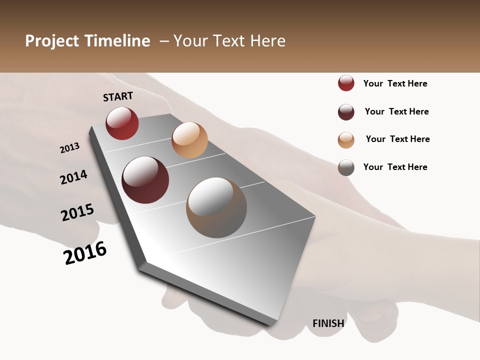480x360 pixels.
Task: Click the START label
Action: pos(118,96)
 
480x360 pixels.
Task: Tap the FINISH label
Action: pos(328,323)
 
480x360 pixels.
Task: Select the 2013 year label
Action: pos(69,148)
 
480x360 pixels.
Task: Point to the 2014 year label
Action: pos(73,177)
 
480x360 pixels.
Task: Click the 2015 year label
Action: pos(77,212)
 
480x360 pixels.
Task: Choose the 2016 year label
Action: pos(85,253)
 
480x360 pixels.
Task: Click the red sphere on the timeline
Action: pos(122,123)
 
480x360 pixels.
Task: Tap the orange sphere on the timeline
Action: pos(189,140)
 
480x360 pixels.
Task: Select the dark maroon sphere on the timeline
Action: pos(145,180)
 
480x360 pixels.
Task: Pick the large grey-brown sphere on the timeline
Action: pos(216,207)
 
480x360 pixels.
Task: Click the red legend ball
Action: pos(346,83)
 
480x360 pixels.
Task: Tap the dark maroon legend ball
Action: pos(346,112)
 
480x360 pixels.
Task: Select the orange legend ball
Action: pos(346,140)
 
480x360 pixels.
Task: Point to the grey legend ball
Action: pos(346,167)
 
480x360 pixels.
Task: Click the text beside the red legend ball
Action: pos(395,83)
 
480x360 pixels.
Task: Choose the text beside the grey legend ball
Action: pos(395,167)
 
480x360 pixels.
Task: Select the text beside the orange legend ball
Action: pos(397,139)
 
